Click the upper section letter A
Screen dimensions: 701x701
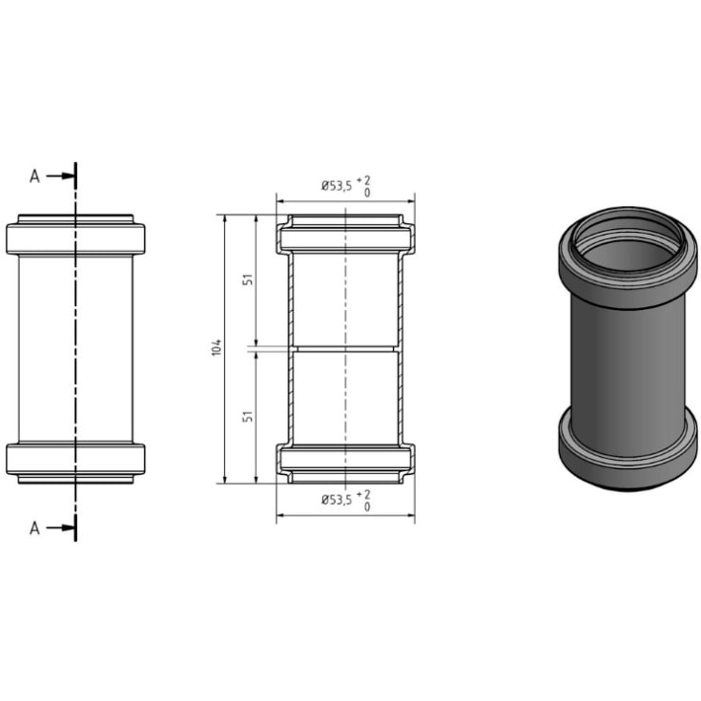(35, 175)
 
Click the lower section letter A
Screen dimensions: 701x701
(35, 527)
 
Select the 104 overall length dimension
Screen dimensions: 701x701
(217, 348)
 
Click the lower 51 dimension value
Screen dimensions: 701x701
(248, 417)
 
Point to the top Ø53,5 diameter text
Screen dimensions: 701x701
(336, 187)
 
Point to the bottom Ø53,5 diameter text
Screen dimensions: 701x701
(336, 499)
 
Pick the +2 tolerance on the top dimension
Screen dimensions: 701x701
(364, 180)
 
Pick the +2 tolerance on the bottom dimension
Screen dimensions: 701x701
(364, 492)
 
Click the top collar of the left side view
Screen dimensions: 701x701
(75, 238)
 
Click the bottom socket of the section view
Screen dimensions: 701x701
(344, 461)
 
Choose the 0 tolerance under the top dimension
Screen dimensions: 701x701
(367, 193)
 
